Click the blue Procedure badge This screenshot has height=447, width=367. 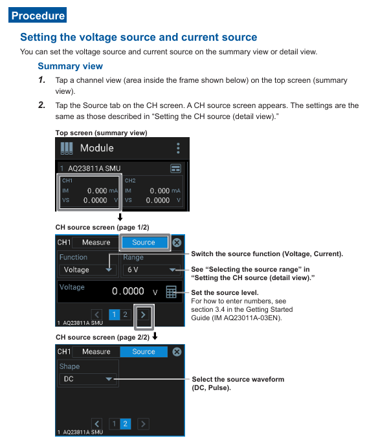click(x=38, y=15)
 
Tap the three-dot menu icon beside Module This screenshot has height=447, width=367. click(x=178, y=148)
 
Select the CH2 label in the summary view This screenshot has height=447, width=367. click(x=130, y=180)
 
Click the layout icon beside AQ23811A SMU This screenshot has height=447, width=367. click(x=175, y=168)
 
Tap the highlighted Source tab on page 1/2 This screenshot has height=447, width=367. click(x=144, y=243)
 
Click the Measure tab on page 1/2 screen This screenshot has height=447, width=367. click(x=96, y=243)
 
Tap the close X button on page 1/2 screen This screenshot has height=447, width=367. click(x=177, y=243)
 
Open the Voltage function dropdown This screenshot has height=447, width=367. click(x=88, y=270)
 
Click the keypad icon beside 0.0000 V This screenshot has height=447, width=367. click(x=171, y=292)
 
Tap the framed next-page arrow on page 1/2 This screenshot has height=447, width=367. click(x=144, y=315)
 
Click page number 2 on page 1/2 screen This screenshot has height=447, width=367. click(x=125, y=314)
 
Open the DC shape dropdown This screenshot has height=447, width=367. click(x=88, y=379)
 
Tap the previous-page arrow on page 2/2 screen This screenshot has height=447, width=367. click(x=96, y=424)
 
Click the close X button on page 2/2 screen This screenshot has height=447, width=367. click(x=177, y=352)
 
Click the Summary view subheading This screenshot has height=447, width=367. click(x=70, y=66)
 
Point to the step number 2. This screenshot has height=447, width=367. click(x=42, y=105)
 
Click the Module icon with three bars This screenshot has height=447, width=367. click(x=67, y=148)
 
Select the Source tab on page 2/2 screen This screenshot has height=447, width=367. click(x=144, y=352)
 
